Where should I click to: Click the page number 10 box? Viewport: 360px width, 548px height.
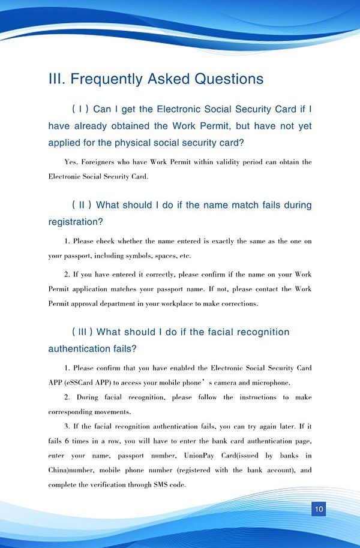[319, 509]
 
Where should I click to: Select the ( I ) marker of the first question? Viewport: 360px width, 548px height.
[80, 109]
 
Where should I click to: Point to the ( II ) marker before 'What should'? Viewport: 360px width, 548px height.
[82, 205]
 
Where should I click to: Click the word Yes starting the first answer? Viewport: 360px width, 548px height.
[71, 162]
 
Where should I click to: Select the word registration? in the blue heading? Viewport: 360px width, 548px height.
[76, 222]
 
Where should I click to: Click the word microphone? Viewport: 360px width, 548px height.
[269, 383]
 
